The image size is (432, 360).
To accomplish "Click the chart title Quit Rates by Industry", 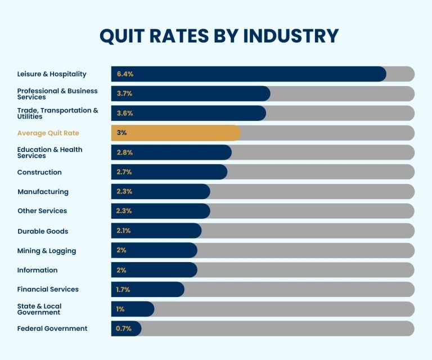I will point(219,35).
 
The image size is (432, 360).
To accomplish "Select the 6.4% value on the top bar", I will point(125,74).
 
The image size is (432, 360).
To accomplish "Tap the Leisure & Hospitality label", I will point(52,74).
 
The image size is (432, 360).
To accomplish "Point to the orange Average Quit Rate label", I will point(48,133).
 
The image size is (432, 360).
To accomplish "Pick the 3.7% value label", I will point(125,94).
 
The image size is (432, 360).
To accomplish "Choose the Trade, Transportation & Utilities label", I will point(57,113).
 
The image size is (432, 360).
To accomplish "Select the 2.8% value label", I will point(125,152).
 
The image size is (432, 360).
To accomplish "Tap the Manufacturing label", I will point(43,192).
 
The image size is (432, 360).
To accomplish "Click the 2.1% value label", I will point(124,231).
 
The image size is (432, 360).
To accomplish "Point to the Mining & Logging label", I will point(47,251).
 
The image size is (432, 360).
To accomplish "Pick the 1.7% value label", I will point(123,290).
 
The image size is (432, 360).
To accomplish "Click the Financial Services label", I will point(48,289).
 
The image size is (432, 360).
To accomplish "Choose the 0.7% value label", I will point(124,328).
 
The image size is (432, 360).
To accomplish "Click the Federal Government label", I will point(52,328).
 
